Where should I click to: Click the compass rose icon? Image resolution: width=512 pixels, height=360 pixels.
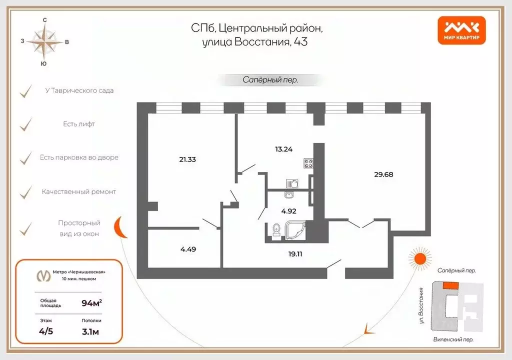44,41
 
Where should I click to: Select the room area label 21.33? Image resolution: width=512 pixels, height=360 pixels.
188,159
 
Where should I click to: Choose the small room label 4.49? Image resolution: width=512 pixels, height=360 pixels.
188,248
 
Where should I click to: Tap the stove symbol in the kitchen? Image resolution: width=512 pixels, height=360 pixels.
307,163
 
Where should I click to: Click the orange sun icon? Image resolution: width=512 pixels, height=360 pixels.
417,258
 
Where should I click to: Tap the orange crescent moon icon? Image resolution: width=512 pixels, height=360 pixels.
120,228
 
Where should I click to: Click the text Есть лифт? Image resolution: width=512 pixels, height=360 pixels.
78,124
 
